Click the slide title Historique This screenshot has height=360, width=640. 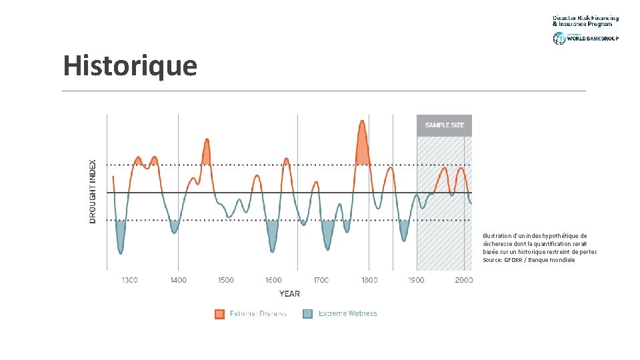pyautogui.click(x=130, y=66)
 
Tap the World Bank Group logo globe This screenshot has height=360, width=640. pyautogui.click(x=559, y=38)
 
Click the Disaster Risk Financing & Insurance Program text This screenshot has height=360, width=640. pyautogui.click(x=585, y=21)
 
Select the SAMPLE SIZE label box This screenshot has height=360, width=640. pyautogui.click(x=444, y=125)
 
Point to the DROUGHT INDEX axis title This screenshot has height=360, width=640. pyautogui.click(x=93, y=191)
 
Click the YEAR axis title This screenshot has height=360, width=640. pyautogui.click(x=289, y=293)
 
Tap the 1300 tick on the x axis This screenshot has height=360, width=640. pyautogui.click(x=129, y=280)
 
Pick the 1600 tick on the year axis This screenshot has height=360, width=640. pyautogui.click(x=273, y=280)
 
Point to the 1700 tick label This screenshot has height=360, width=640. pyautogui.click(x=321, y=280)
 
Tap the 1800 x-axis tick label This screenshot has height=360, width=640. pyautogui.click(x=369, y=280)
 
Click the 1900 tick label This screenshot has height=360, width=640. pyautogui.click(x=417, y=280)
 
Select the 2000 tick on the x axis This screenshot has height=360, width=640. pyautogui.click(x=463, y=280)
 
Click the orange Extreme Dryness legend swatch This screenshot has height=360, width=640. pyautogui.click(x=219, y=314)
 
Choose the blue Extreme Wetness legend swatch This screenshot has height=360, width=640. pyautogui.click(x=307, y=314)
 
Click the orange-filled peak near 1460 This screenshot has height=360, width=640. pyautogui.click(x=207, y=155)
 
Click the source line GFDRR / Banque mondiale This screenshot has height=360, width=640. pyautogui.click(x=529, y=260)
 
